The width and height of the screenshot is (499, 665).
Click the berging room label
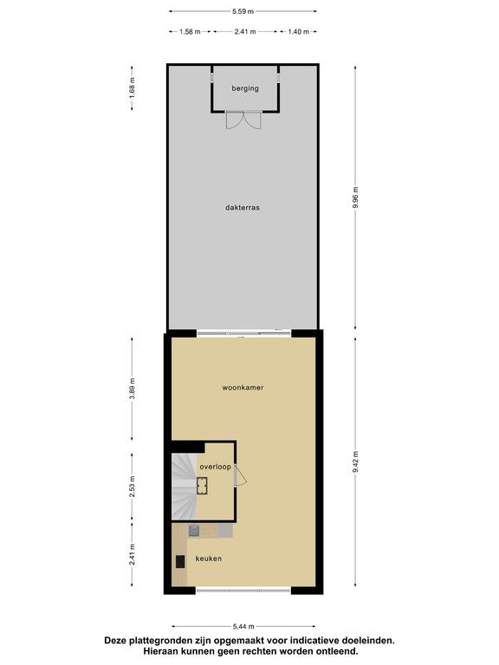245,88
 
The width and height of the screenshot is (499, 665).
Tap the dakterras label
243,208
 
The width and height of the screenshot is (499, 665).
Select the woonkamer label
243,388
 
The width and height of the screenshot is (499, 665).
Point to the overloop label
216,467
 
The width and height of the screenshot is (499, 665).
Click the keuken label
208,558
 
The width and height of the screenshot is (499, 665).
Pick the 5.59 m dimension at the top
243,11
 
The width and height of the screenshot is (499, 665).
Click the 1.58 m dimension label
190,31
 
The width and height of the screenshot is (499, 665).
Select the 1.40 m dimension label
298,31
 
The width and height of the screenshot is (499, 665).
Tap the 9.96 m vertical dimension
355,197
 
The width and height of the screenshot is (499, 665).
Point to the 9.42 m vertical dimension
355,462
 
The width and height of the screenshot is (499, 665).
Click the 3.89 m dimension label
132,389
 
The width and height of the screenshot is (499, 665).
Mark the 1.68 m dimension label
132,88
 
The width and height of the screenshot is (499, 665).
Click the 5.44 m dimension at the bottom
243,626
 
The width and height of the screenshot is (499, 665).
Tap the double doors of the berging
243,120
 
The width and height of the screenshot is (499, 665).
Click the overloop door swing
241,475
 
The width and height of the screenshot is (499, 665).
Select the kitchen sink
194,531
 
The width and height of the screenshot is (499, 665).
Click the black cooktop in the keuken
181,561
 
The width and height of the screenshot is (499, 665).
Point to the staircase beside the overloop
185,486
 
